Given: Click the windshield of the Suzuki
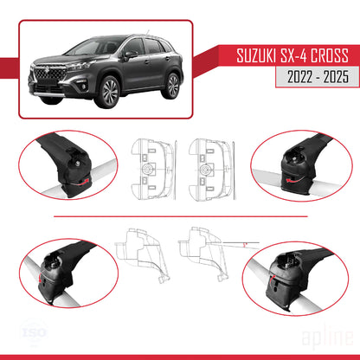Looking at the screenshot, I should coord(102,47).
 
